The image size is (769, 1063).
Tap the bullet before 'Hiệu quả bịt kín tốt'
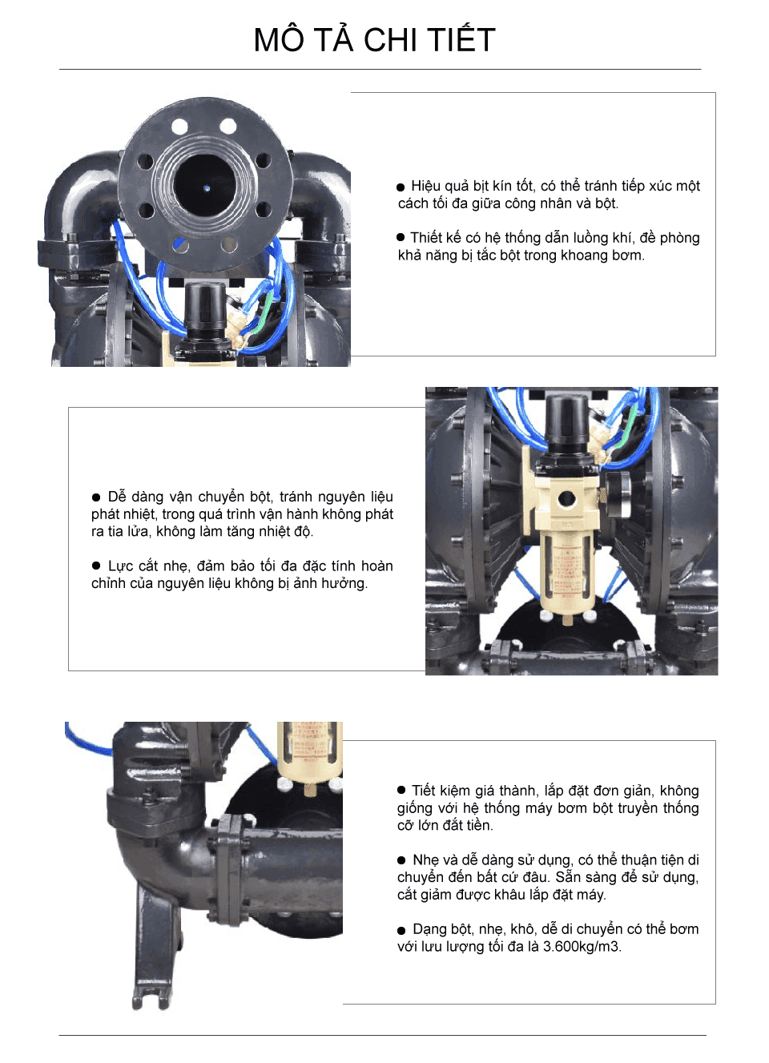[401, 187]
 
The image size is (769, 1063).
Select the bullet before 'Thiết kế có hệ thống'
[401, 237]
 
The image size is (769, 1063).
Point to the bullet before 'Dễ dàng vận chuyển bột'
[96, 497]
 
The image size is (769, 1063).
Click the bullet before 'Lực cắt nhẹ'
[96, 566]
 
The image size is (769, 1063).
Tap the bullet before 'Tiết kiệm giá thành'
[401, 790]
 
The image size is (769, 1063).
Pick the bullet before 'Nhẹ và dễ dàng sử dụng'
[401, 860]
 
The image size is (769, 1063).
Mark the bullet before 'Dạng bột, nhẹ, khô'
[401, 931]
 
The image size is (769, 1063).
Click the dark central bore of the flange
[205, 186]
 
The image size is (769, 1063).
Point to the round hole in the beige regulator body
[567, 499]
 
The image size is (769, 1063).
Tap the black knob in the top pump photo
[205, 304]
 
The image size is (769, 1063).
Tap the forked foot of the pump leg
[151, 998]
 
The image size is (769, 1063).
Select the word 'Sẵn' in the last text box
[568, 877]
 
